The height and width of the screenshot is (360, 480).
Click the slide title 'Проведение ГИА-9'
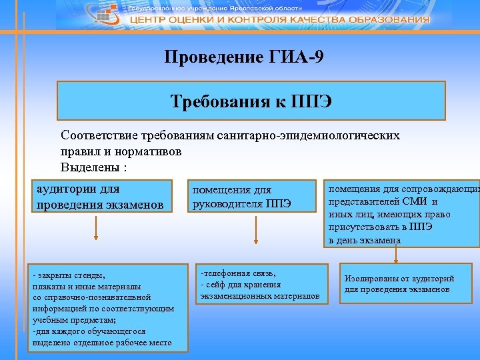245,57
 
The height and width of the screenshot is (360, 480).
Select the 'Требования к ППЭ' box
251,101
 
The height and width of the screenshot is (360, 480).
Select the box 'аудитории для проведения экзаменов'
101,197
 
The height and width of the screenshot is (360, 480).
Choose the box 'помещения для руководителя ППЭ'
250,197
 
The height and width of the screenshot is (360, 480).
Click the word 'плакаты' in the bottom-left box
49,285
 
